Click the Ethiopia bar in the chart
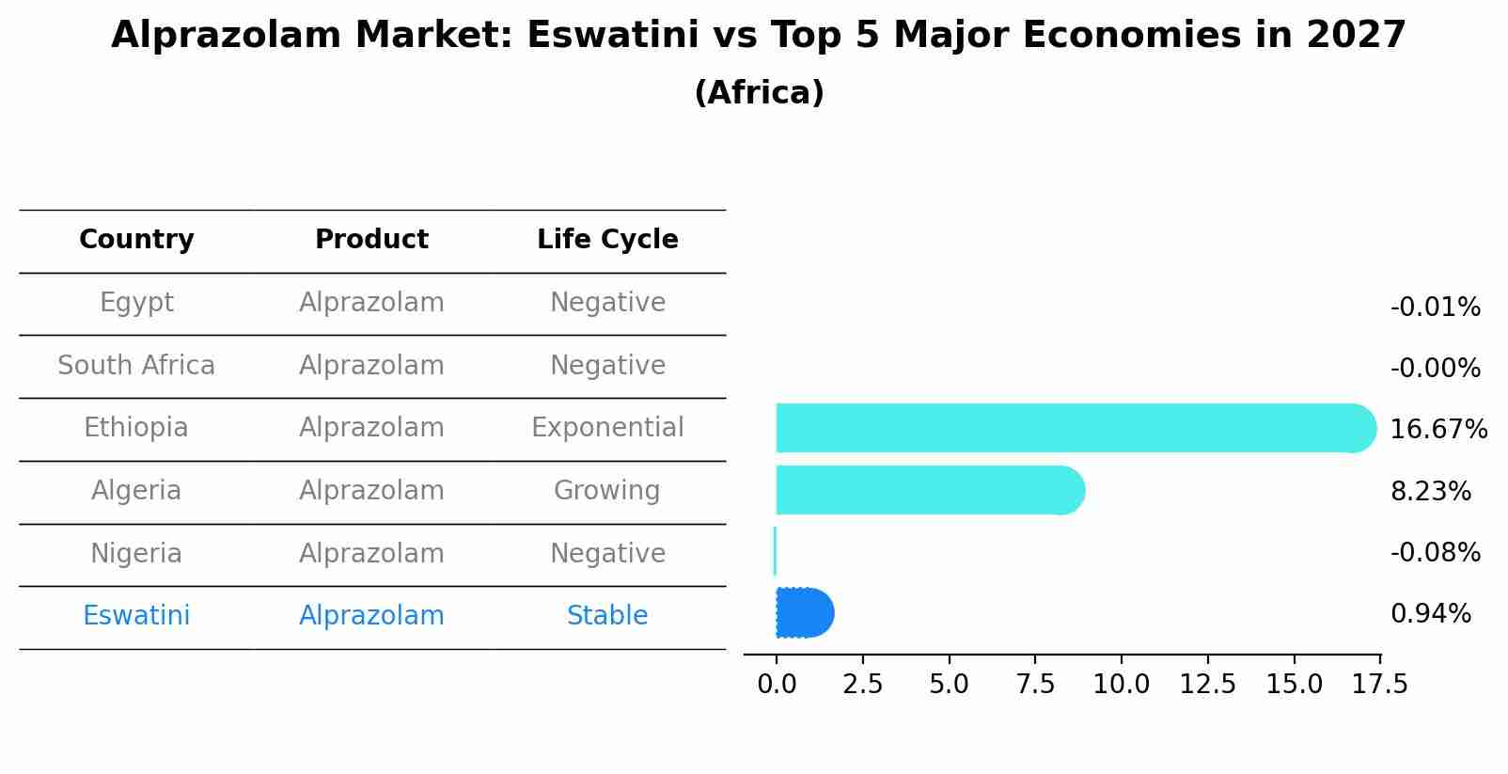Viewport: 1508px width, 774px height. (x=1072, y=428)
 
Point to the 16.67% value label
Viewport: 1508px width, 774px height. (x=1437, y=430)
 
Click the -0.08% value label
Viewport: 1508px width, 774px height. (x=1435, y=553)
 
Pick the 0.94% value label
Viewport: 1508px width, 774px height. (x=1430, y=614)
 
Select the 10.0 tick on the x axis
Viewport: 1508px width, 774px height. (x=1121, y=685)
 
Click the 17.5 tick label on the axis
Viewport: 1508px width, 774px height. (x=1379, y=685)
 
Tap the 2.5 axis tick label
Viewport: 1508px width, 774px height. (x=862, y=685)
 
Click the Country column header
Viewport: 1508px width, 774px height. (x=136, y=240)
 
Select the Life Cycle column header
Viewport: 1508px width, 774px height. (x=607, y=240)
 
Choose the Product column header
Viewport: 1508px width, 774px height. (x=371, y=240)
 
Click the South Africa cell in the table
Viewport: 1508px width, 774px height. (x=136, y=366)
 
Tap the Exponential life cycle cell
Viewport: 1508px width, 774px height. (x=607, y=428)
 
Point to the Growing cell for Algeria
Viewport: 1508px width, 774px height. (x=606, y=491)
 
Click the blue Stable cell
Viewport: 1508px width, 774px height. (x=606, y=616)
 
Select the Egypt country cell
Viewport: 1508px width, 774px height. (x=136, y=303)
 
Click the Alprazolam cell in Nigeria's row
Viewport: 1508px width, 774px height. (x=371, y=554)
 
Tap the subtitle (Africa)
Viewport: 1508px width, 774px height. (x=759, y=93)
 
